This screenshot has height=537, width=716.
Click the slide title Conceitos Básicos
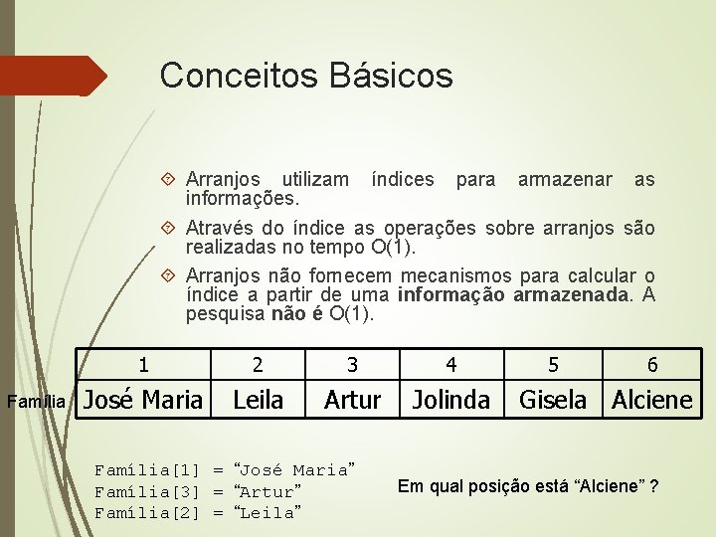pos(305,75)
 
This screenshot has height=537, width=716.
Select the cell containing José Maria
pos(143,400)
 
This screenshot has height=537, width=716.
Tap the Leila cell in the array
pos(258,400)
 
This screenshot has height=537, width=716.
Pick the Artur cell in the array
pos(352,400)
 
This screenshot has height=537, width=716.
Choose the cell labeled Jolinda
pos(450,400)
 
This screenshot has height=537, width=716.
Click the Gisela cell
pos(553,400)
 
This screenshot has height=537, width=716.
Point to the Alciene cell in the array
pos(651,400)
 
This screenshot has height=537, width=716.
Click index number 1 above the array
pos(144,365)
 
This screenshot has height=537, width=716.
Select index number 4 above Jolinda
pos(450,365)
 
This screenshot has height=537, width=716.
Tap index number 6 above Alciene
pos(651,365)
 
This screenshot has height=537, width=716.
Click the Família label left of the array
pos(36,403)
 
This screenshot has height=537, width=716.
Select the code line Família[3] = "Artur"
pos(195,492)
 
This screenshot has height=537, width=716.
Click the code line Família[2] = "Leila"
pos(195,513)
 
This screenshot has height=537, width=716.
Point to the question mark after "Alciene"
pos(652,486)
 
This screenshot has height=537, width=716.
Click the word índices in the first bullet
pos(402,180)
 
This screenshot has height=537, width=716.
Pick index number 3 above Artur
pos(352,365)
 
